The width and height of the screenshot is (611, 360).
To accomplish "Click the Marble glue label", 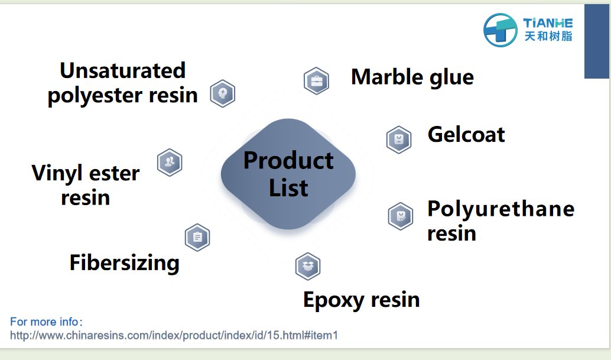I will pos(412,77).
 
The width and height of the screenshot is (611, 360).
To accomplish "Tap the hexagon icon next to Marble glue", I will pos(316,81).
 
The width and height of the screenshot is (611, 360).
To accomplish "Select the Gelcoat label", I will pos(466,134).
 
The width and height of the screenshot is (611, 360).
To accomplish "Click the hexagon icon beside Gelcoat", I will pos(399,140).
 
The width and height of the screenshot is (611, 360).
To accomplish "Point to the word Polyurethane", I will pos(500,209).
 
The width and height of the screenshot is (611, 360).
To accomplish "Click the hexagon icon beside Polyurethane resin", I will pos(401,216).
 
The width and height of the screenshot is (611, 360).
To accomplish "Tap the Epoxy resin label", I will pos(361,299).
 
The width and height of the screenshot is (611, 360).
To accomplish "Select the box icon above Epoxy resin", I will pos(307,266).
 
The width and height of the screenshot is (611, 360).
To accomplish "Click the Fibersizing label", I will pos(124,262).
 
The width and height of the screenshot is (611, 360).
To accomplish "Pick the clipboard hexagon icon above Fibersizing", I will pos(197,238).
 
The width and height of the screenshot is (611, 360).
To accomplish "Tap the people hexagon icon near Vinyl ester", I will pos(170,162).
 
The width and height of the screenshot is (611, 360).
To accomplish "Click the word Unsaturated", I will pos(122,70).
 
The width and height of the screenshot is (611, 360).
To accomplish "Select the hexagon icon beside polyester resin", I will pos(223,93).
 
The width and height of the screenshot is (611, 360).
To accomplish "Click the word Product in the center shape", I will pos(288,160).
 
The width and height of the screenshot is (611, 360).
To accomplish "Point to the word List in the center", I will pos(288,188).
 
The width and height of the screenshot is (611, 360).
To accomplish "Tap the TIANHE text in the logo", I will pos(548,23).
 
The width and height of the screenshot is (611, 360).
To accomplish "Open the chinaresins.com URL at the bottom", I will pos(174,335).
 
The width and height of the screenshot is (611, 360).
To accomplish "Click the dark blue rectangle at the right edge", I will pos(597,41).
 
